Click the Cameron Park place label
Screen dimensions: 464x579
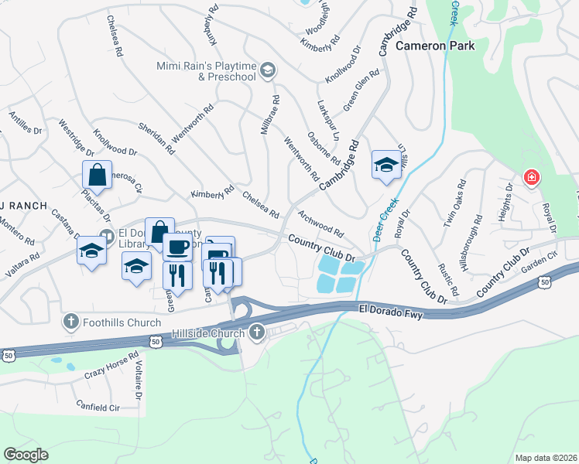point(434,46)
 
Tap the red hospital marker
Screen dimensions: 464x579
point(531,178)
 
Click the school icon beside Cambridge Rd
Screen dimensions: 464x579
point(385,164)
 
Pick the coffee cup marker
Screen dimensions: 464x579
point(177,247)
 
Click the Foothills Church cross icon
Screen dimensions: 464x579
point(71,320)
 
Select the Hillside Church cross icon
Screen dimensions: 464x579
point(257,333)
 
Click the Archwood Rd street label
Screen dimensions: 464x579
point(320,222)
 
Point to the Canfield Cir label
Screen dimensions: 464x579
point(99,405)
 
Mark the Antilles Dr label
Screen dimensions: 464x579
point(26,123)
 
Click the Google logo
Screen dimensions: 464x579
point(26,455)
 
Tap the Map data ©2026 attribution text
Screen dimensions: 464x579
point(546,458)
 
